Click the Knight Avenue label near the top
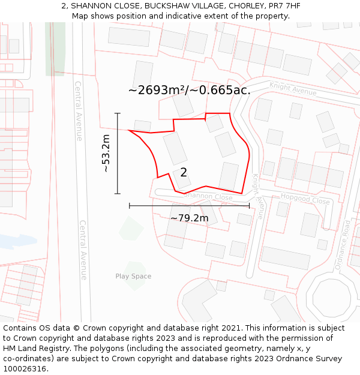pyautogui.click(x=293, y=89)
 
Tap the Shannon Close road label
pyautogui.click(x=208, y=196)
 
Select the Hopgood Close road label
pyautogui.click(x=305, y=199)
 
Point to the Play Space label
pyautogui.click(x=133, y=277)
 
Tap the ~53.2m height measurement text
pyautogui.click(x=106, y=154)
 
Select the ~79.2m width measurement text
pyautogui.click(x=189, y=218)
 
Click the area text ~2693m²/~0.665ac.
pyautogui.click(x=189, y=90)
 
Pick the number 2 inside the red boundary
pyautogui.click(x=184, y=173)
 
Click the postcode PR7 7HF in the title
pyautogui.click(x=284, y=6)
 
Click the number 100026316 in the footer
pyautogui.click(x=25, y=368)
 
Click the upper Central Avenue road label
pyautogui.click(x=78, y=111)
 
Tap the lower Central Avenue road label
pyautogui.click(x=83, y=249)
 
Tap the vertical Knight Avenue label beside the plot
pyautogui.click(x=259, y=196)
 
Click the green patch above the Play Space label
pyautogui.click(x=131, y=229)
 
